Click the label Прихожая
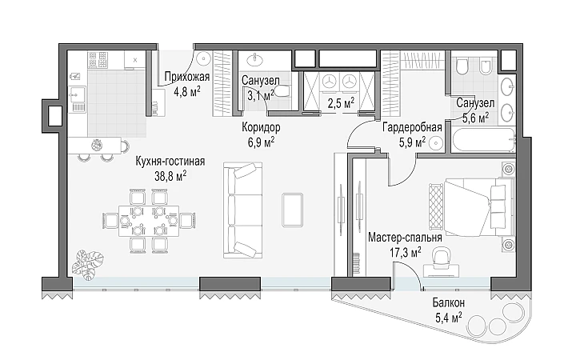187,77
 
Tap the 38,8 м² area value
170,176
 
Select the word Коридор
261,127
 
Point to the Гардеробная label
412,127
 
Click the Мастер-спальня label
405,238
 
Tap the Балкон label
449,302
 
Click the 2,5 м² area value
341,103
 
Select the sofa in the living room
242,210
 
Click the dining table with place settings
149,221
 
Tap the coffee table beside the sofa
292,210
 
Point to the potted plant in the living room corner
88,265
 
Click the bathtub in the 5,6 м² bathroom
483,140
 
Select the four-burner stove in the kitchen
98,60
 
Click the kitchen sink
78,95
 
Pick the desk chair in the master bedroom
442,257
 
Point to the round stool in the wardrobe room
436,143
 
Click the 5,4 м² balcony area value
449,318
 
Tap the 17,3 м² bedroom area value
406,252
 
